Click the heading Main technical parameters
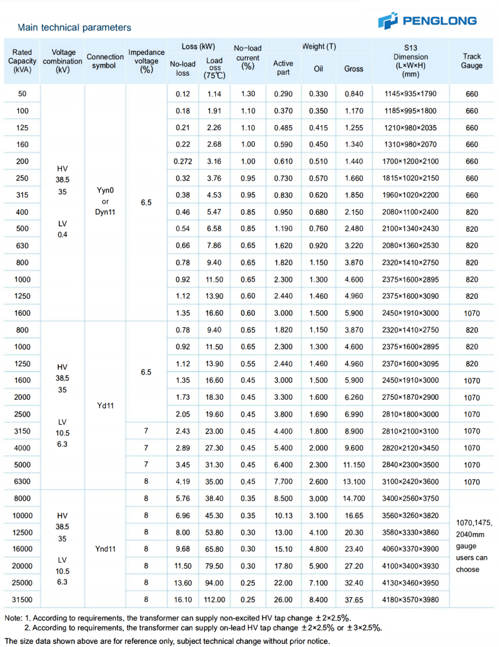click(75, 27)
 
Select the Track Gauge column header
click(471, 61)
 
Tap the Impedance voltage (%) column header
click(146, 61)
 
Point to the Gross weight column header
click(354, 68)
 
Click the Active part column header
click(283, 68)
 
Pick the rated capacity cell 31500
click(22, 599)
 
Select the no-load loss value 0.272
click(182, 161)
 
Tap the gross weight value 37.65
click(354, 599)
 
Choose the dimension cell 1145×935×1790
click(410, 94)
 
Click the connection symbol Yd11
click(105, 406)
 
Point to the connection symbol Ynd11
click(105, 548)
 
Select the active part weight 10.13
click(283, 515)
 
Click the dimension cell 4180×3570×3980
click(410, 599)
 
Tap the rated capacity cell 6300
click(22, 481)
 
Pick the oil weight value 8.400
click(318, 599)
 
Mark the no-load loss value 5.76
click(182, 498)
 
